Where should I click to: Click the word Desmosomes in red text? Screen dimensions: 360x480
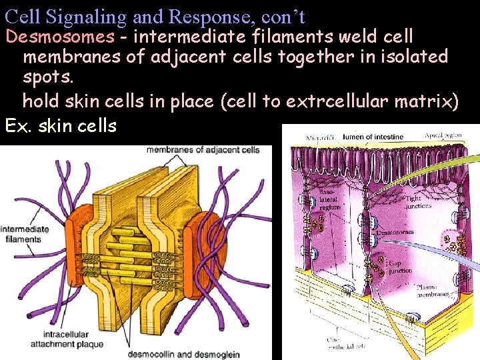(x=59, y=36)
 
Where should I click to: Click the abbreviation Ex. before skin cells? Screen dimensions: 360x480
(x=17, y=125)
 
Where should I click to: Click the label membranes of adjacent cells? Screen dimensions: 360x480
(x=203, y=150)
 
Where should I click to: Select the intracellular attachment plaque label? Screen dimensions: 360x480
(x=67, y=339)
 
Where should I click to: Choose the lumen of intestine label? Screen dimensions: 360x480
(x=373, y=137)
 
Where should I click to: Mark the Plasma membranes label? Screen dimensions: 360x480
(x=435, y=291)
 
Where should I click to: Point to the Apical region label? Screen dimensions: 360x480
(x=443, y=135)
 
